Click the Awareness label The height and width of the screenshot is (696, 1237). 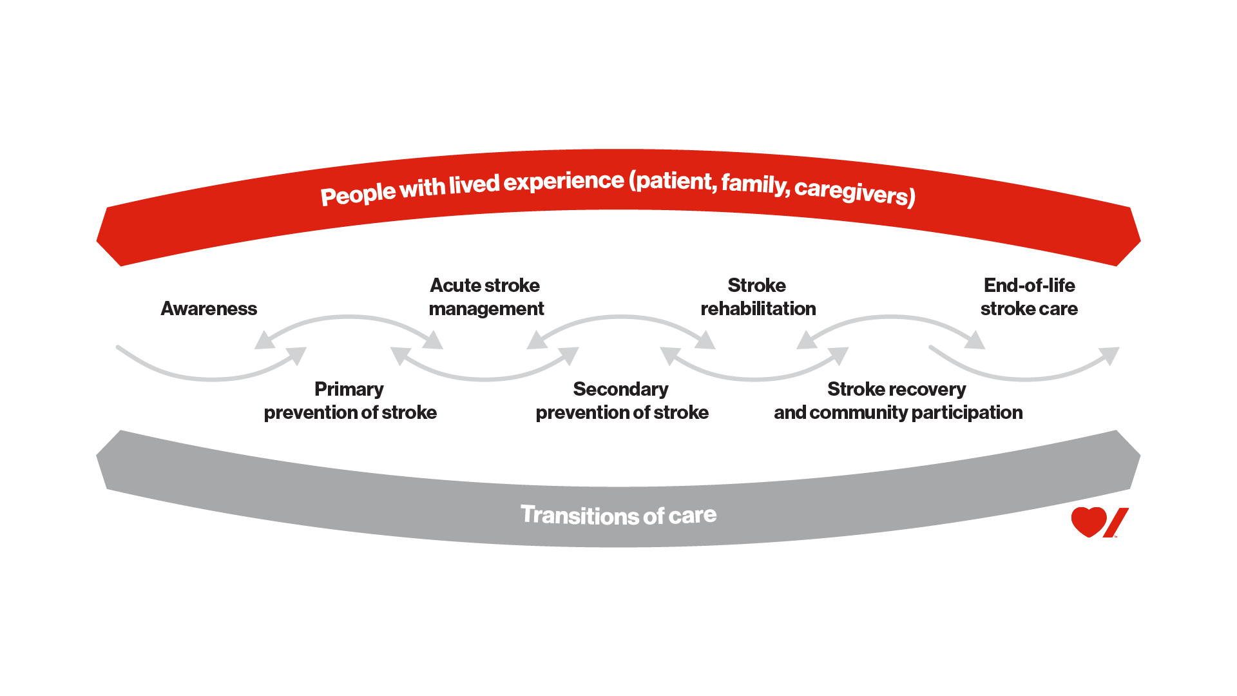pyautogui.click(x=209, y=309)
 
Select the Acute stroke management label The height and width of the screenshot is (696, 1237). pyautogui.click(x=486, y=297)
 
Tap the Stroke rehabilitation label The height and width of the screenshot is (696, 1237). pyautogui.click(x=758, y=297)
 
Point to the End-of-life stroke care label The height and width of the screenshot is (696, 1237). pyautogui.click(x=1029, y=297)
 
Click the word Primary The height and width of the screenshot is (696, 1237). pyautogui.click(x=349, y=389)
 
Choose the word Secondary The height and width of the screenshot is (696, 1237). pyautogui.click(x=620, y=389)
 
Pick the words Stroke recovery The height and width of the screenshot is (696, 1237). pyautogui.click(x=896, y=389)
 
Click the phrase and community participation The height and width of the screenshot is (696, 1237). pyautogui.click(x=898, y=412)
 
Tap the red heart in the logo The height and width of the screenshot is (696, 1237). pyautogui.click(x=1088, y=521)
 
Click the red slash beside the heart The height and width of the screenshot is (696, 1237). pyautogui.click(x=1116, y=523)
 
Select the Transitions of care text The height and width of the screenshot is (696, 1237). pyautogui.click(x=618, y=515)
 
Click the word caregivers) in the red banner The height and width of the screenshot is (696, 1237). pyautogui.click(x=854, y=191)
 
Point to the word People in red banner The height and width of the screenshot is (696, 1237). pyautogui.click(x=358, y=194)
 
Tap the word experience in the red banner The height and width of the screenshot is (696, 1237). pyautogui.click(x=564, y=182)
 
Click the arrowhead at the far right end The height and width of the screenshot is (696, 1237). pyautogui.click(x=1111, y=354)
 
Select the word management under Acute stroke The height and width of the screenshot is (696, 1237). pyautogui.click(x=486, y=309)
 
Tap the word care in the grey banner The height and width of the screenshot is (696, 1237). pyautogui.click(x=693, y=515)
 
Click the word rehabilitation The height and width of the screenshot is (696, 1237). pyautogui.click(x=758, y=309)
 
